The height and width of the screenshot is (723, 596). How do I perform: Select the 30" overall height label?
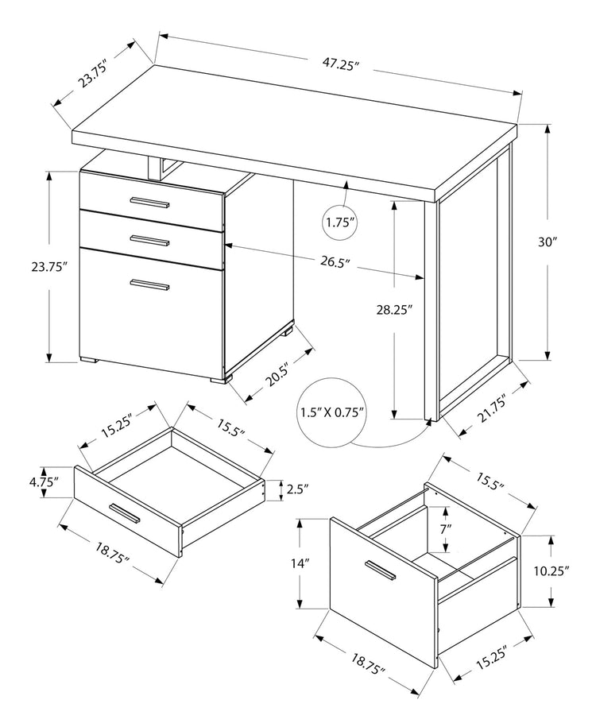(x=546, y=243)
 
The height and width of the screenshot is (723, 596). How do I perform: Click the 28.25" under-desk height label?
(x=395, y=311)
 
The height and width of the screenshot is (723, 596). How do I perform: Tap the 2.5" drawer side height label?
(x=297, y=489)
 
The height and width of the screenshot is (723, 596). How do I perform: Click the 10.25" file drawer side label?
(x=551, y=570)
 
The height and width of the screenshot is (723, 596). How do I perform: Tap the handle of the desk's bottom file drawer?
(x=150, y=284)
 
